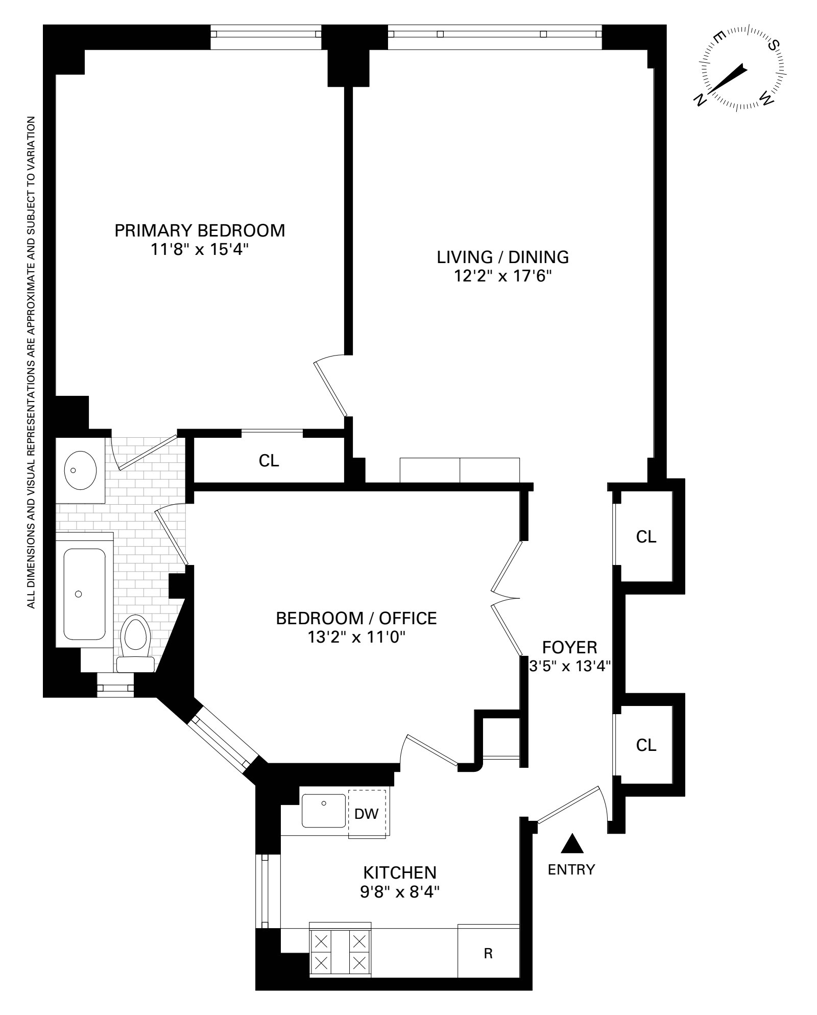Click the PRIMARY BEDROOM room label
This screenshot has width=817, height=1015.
point(200,230)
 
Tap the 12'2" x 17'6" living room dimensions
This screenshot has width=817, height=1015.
point(503,276)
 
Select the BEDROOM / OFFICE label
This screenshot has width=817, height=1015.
point(356,618)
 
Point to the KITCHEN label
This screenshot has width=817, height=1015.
point(399,871)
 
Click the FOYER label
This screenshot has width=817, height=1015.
point(569,647)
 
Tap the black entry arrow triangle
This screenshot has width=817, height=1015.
point(572,844)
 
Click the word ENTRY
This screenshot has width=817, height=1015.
point(571,869)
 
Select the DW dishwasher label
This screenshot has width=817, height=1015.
point(366,814)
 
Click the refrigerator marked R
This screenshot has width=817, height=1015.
point(488,953)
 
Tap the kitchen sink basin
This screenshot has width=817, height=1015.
point(323,811)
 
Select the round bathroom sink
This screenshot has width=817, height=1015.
point(81,470)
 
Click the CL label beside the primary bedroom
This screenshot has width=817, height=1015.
point(269,461)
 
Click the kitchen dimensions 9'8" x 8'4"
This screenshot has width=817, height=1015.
point(399,892)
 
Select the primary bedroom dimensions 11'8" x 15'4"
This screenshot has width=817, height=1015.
point(200,250)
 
